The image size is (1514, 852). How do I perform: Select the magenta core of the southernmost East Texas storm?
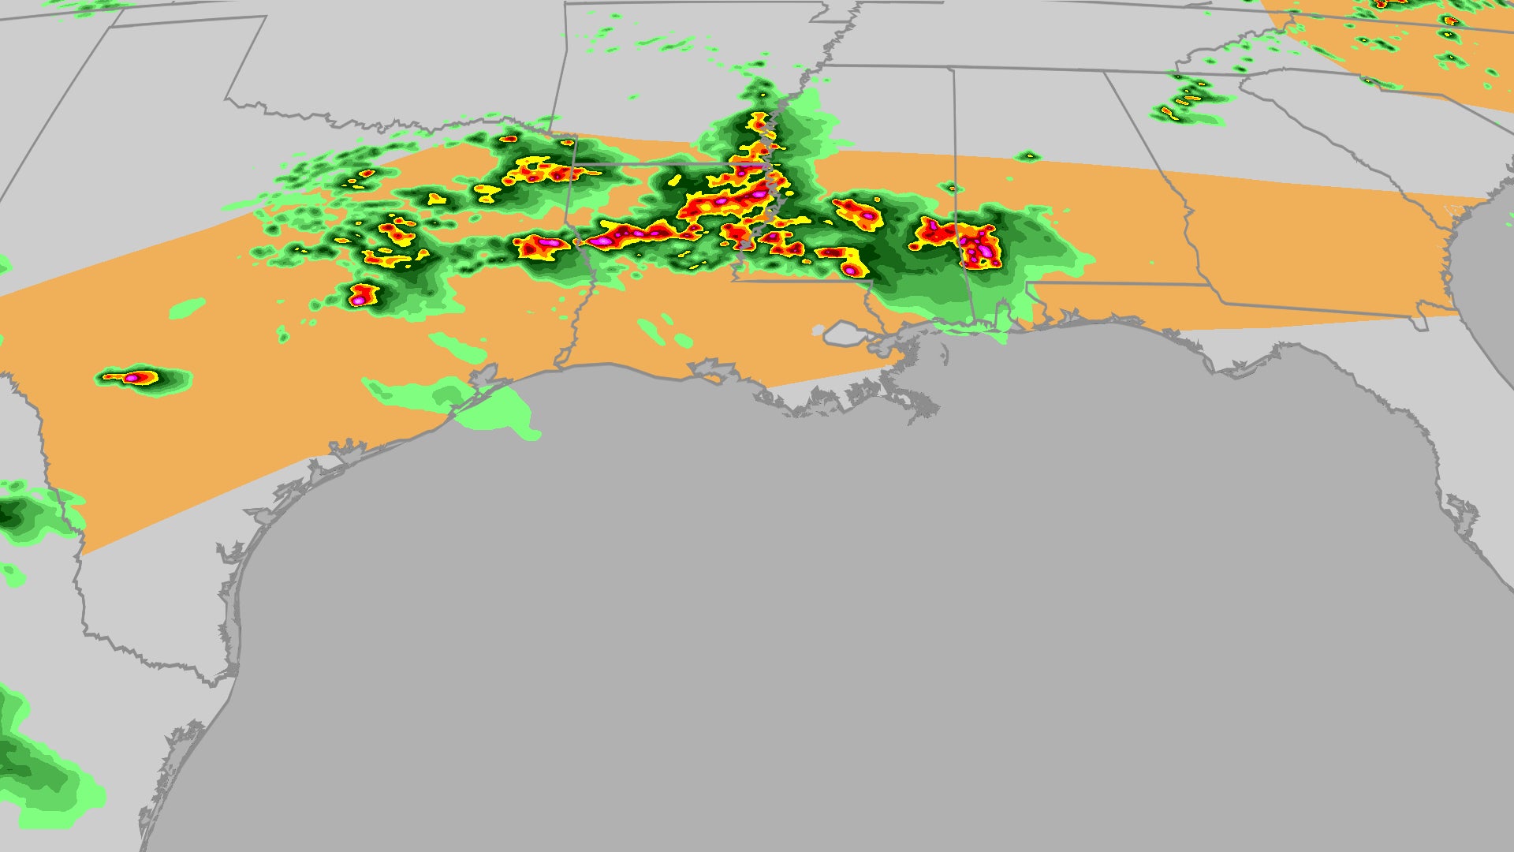click(360, 299)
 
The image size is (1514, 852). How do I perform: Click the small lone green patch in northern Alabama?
click(1027, 156)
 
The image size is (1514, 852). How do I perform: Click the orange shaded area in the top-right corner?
click(1404, 47)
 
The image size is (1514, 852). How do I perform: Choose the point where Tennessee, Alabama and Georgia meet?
click(1104, 73)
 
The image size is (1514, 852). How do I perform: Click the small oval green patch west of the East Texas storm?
click(188, 308)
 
